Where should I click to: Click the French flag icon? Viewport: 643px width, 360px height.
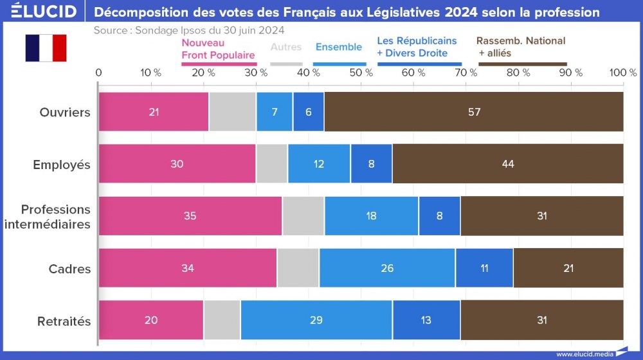(x=46, y=48)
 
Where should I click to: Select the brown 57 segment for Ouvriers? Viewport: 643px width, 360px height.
(x=474, y=112)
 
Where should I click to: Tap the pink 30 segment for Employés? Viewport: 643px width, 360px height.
(x=177, y=164)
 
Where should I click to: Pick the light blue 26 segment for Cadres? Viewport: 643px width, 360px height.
(x=387, y=268)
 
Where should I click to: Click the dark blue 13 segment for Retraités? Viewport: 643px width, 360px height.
(x=426, y=320)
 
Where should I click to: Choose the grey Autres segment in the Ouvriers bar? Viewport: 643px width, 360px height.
(x=232, y=112)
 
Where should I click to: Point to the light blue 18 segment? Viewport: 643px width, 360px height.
(x=372, y=216)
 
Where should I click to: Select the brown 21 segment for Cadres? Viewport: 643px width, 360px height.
(x=568, y=268)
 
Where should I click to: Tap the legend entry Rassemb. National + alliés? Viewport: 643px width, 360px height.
(x=521, y=47)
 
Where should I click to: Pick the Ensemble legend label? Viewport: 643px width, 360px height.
(x=339, y=47)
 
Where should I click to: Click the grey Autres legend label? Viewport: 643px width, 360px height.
(x=286, y=47)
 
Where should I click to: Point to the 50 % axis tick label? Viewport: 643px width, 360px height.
(x=361, y=73)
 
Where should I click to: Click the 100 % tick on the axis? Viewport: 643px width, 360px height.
(x=622, y=73)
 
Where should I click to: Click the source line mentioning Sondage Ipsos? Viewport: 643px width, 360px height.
(x=189, y=30)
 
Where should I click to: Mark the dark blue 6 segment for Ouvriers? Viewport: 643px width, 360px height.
(x=308, y=112)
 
